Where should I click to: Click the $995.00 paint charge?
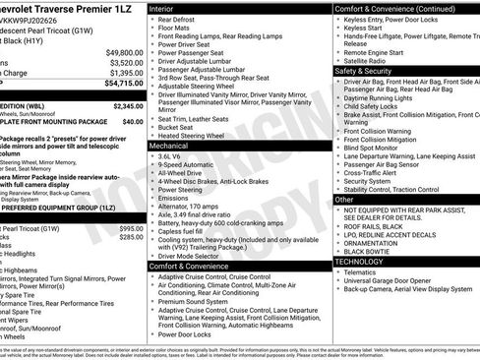point(130,228)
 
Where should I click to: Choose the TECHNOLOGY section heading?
point(360,262)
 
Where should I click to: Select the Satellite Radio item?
point(368,61)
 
